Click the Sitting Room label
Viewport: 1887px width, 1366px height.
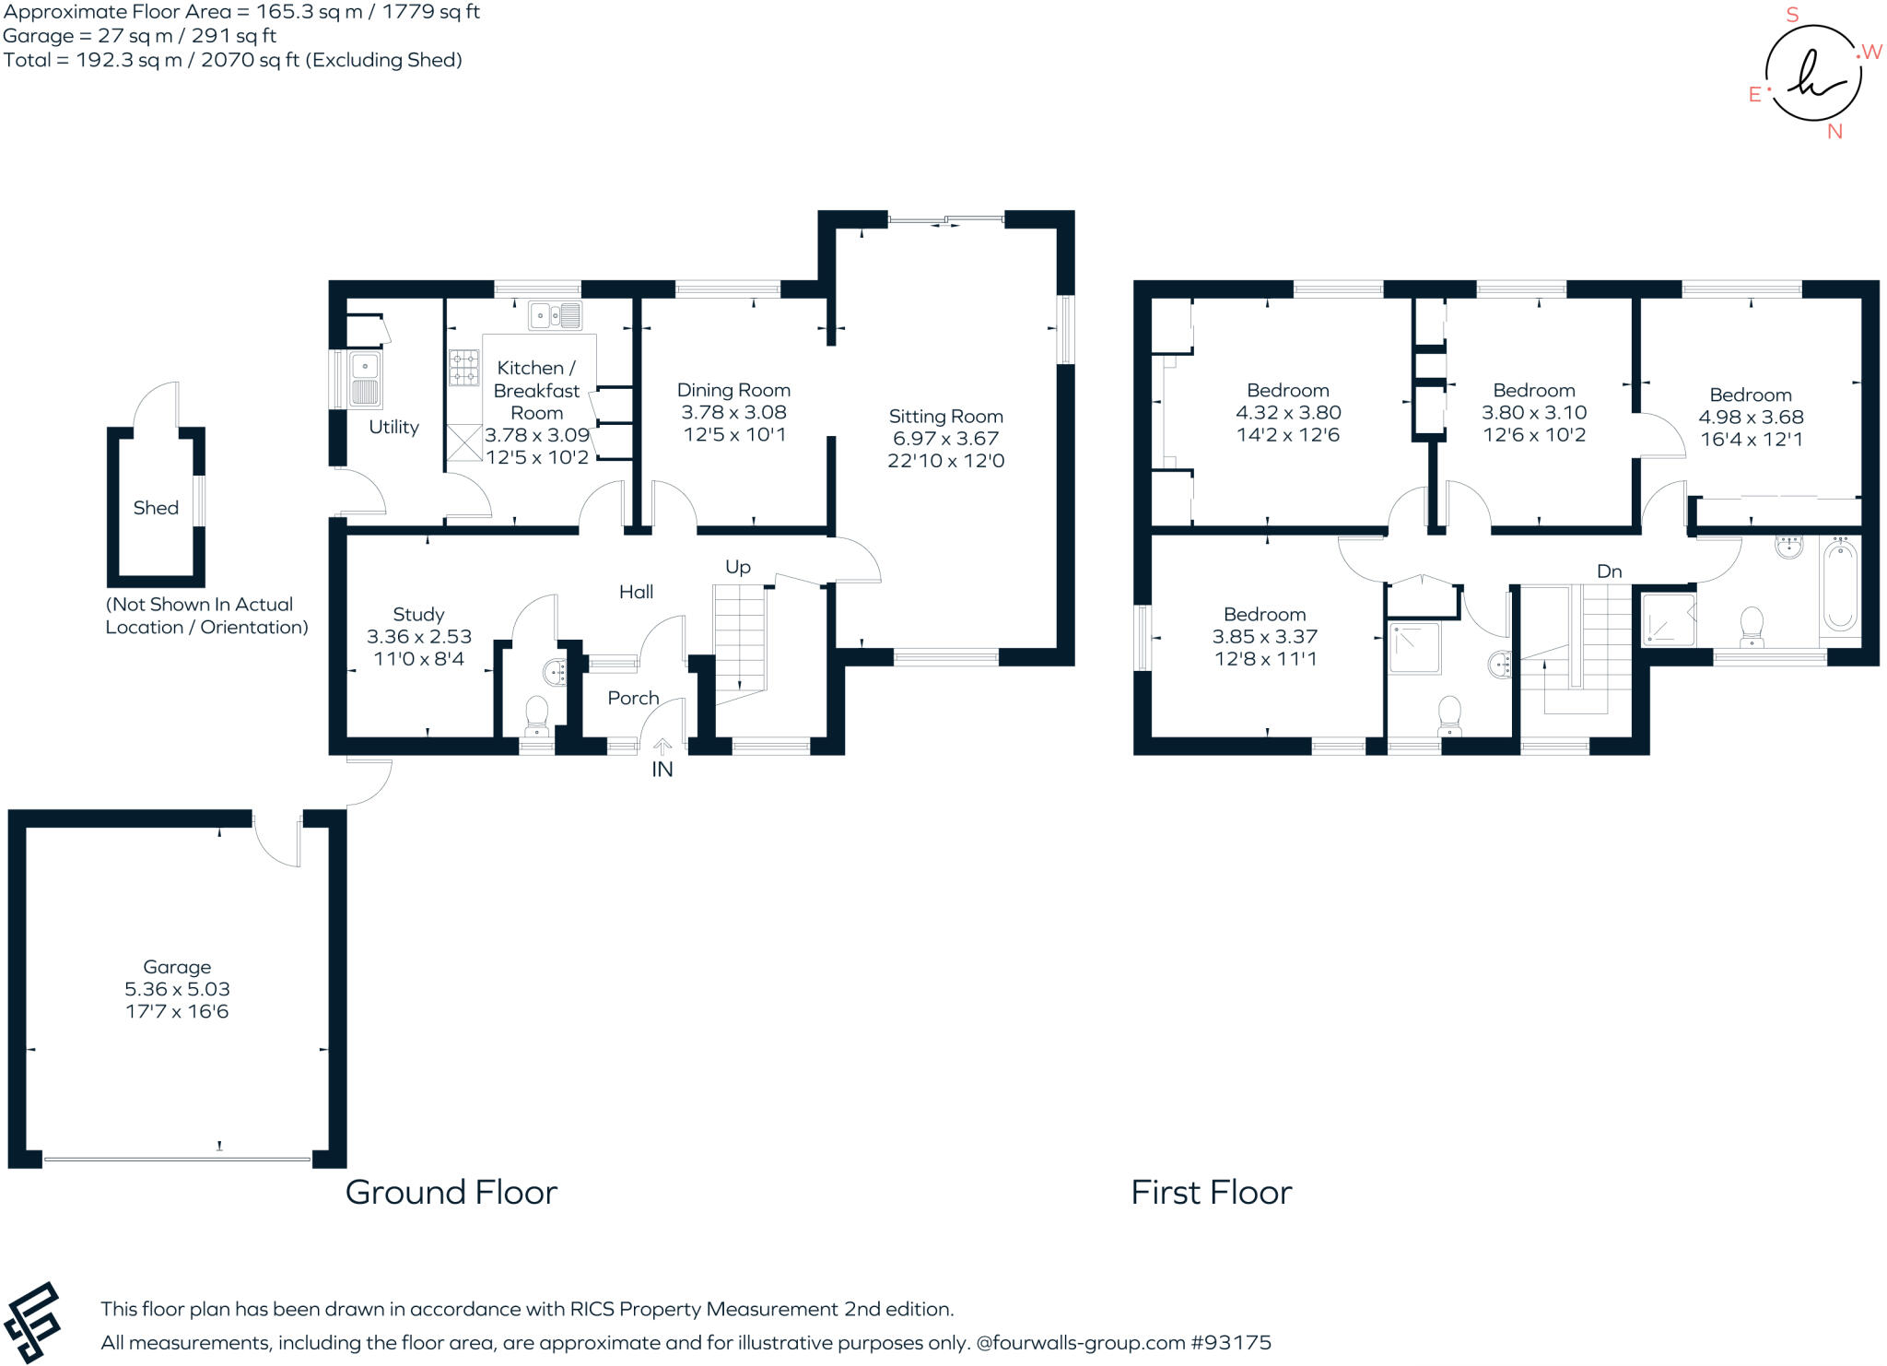point(945,417)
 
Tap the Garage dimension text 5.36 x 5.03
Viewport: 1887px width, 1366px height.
point(177,989)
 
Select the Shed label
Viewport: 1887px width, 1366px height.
point(156,508)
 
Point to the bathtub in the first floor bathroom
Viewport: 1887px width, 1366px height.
point(1839,586)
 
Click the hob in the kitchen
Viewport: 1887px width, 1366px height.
point(463,367)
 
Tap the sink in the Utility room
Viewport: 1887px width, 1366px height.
point(365,379)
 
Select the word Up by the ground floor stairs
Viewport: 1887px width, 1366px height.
point(738,567)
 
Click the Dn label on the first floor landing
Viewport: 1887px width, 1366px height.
point(1609,571)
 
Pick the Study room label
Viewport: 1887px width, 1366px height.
point(418,614)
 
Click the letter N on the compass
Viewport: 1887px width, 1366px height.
point(1834,132)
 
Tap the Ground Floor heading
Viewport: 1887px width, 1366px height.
point(451,1193)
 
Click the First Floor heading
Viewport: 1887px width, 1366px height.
point(1211,1193)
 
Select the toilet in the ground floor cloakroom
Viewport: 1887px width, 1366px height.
point(536,715)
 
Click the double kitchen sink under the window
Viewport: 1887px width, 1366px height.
point(556,315)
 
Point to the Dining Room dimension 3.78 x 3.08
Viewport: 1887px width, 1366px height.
point(733,412)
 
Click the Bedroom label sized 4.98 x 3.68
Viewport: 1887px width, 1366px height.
point(1751,394)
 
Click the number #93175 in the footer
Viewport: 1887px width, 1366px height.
point(1231,1343)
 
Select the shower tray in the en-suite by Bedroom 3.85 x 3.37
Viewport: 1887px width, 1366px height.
point(1414,649)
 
